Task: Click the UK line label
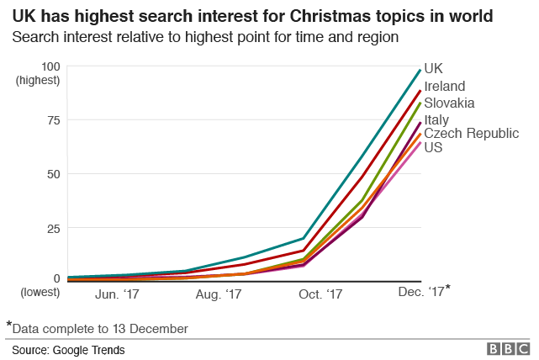(x=434, y=68)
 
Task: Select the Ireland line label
(x=445, y=86)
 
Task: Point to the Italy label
(x=436, y=119)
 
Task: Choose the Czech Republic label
(x=471, y=134)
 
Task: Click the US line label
(x=434, y=148)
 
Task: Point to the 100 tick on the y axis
(x=50, y=66)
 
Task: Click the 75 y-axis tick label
(x=54, y=120)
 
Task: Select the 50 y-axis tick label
(x=54, y=174)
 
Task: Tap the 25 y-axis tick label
(x=54, y=228)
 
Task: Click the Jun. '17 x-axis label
(x=119, y=294)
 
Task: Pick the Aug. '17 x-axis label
(x=219, y=294)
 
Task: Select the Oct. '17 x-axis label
(x=320, y=294)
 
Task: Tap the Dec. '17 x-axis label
(x=423, y=292)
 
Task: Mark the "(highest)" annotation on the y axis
(x=39, y=81)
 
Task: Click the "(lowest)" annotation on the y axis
(x=39, y=293)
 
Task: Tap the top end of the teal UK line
(x=420, y=70)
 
